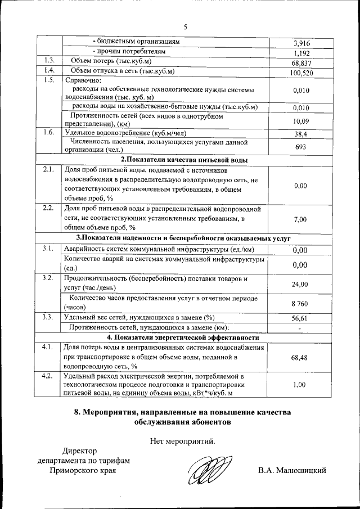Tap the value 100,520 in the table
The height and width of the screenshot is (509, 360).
coord(301,73)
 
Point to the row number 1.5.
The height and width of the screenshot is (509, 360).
coord(49,80)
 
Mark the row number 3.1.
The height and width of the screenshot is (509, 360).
coord(49,248)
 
